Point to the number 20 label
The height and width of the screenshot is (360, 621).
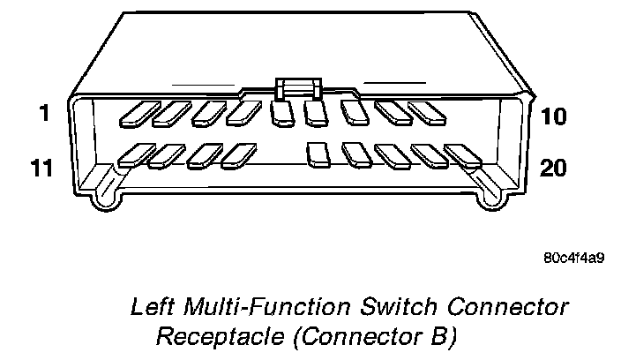(553, 169)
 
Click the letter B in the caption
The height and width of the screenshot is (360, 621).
(441, 336)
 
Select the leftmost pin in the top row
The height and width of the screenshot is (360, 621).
(137, 111)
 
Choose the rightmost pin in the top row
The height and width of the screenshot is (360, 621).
(426, 112)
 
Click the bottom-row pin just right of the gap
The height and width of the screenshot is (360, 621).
(318, 154)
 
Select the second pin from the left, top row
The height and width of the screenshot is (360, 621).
(171, 111)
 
